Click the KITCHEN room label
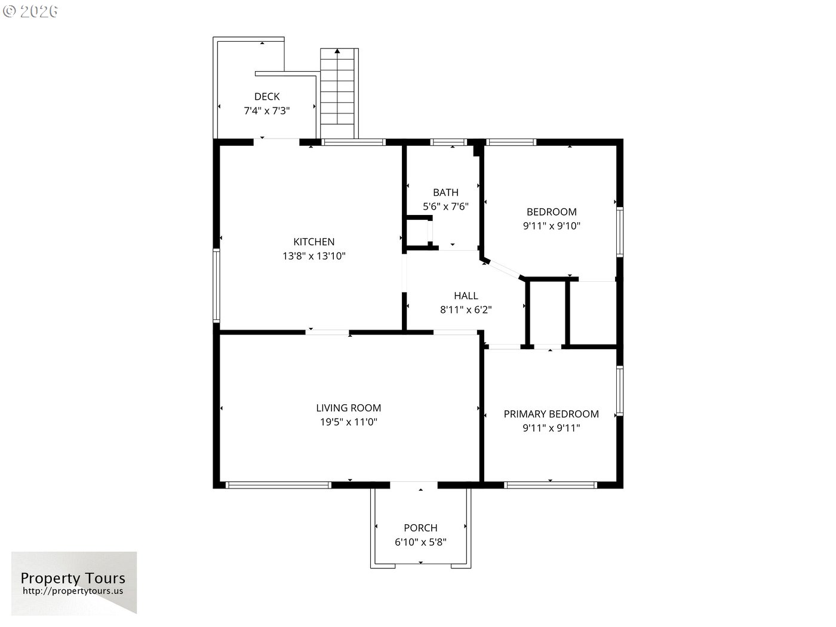coord(314,242)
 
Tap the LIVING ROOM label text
coord(349,408)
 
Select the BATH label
coord(445,192)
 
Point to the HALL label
coord(466,296)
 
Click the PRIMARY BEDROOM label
coord(551,414)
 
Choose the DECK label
coord(267,96)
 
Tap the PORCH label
coord(420,528)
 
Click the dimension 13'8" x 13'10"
coord(314,256)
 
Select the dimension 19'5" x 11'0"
coord(349,422)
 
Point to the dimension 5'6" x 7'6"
coord(445,207)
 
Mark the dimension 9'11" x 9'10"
coord(552,226)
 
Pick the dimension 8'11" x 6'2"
coord(466,309)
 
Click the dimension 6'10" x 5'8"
coord(420,542)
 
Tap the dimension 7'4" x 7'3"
coord(267,110)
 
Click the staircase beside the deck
coord(339,93)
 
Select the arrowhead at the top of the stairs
coord(337,51)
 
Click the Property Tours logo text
coord(73,578)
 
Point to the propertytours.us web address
coord(73,591)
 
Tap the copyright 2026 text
coord(30,11)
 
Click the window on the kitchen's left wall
coord(216,285)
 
